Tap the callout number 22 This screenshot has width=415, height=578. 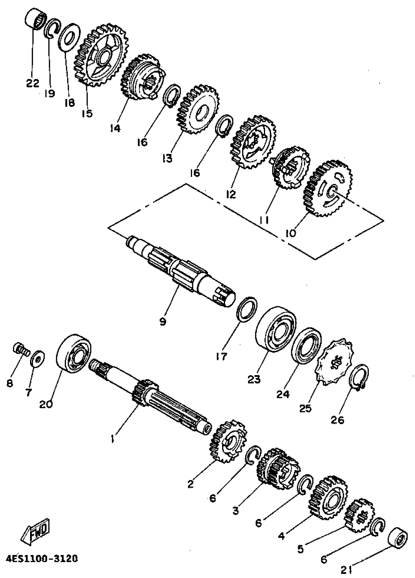(32, 83)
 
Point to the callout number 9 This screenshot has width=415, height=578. (162, 322)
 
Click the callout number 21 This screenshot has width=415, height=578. (347, 569)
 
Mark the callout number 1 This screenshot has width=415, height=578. (113, 439)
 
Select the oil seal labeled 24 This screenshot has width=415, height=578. (306, 346)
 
